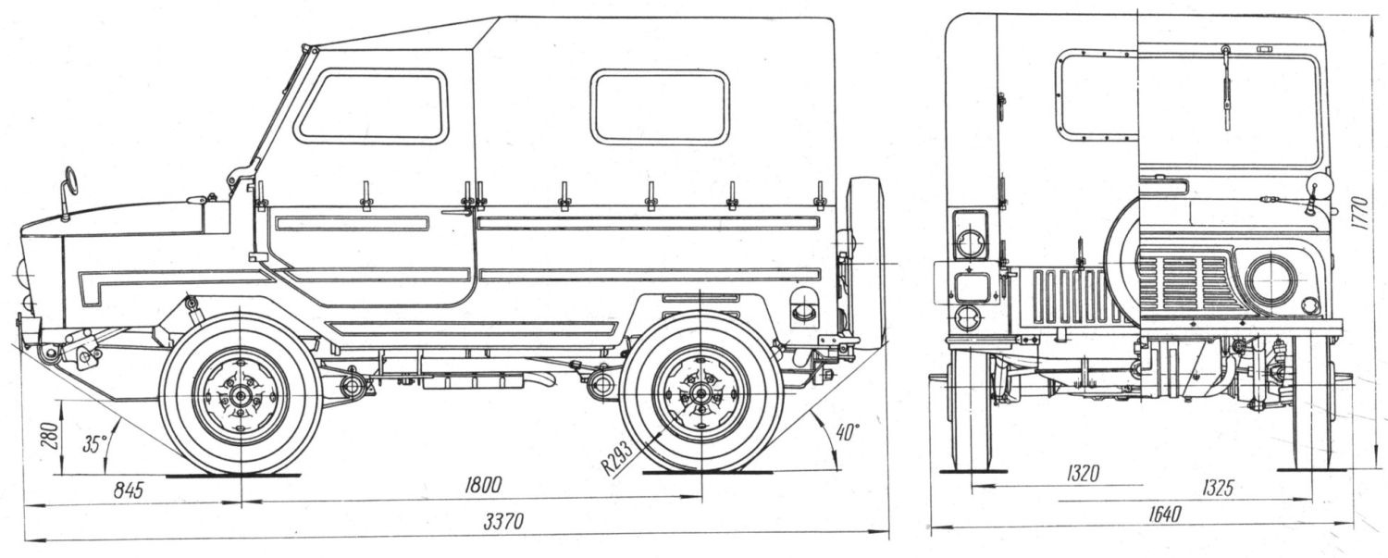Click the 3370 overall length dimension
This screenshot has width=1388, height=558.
click(x=503, y=520)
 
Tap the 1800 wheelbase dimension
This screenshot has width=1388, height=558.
click(x=483, y=484)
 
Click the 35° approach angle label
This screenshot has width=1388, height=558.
click(x=94, y=444)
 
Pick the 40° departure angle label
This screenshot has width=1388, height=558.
click(x=848, y=431)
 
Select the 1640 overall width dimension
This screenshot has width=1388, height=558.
click(x=1166, y=514)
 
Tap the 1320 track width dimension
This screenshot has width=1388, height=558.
click(x=1083, y=475)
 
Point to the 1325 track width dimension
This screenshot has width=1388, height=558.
click(x=1217, y=488)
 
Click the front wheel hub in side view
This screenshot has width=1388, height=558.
click(x=241, y=395)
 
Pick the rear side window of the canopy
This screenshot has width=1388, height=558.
click(x=660, y=106)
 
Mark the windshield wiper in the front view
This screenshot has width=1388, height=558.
click(x=1227, y=87)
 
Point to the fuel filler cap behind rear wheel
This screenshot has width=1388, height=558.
click(x=804, y=308)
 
